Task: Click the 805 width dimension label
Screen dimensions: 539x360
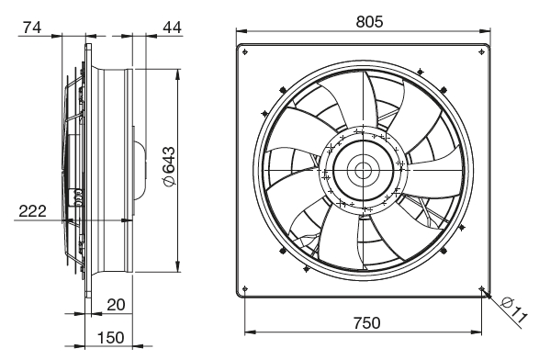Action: point(369,22)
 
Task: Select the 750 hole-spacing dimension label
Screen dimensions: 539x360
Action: point(366,323)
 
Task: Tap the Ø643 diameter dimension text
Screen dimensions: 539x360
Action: point(169,167)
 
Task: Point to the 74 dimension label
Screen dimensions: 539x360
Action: point(32,28)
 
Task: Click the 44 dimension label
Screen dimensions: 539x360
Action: point(172,28)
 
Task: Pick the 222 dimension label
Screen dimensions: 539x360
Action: point(32,211)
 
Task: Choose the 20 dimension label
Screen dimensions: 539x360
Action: point(116,305)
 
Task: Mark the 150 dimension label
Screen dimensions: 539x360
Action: point(111,338)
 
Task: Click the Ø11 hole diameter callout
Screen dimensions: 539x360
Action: point(514,310)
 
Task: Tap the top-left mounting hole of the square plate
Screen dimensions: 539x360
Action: point(245,52)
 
